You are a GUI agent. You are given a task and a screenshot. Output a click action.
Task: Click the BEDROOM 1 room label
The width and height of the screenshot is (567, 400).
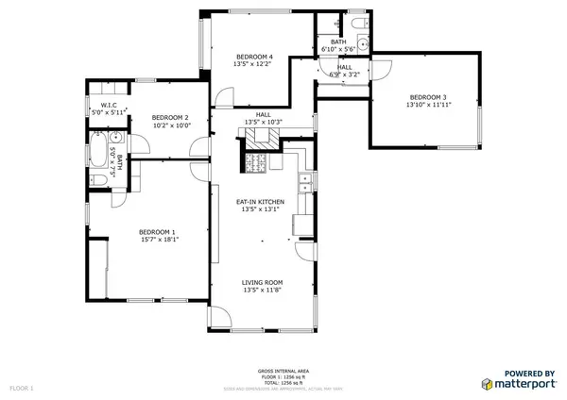(x=158, y=232)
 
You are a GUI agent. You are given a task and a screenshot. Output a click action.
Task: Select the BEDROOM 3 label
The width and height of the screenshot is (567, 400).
(x=427, y=97)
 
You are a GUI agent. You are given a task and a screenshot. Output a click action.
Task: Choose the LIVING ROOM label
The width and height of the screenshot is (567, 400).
(x=264, y=282)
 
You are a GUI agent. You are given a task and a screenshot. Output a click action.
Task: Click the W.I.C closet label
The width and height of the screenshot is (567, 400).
(x=107, y=105)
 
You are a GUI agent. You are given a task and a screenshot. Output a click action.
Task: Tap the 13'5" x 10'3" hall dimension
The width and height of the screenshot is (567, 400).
(x=264, y=123)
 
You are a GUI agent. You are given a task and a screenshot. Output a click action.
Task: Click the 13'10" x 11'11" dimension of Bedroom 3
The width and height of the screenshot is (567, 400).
(x=427, y=105)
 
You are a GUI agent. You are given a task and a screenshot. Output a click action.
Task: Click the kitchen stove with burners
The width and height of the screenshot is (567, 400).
(x=256, y=164)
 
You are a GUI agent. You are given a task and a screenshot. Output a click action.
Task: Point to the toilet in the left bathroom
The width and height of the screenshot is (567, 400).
(x=98, y=180)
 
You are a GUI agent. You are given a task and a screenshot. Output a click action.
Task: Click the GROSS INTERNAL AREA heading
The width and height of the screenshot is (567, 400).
(x=283, y=370)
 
